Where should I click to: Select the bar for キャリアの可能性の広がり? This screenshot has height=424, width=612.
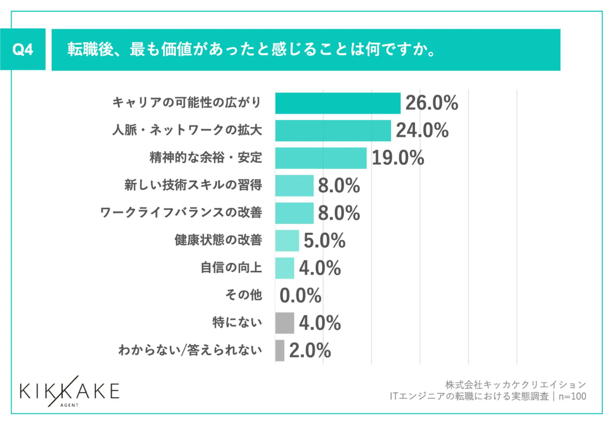pyautogui.click(x=338, y=103)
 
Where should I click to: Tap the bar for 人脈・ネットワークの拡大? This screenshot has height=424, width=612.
pyautogui.click(x=333, y=130)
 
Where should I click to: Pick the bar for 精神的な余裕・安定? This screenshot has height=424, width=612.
pyautogui.click(x=321, y=158)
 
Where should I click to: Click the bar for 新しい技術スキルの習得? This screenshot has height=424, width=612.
pyautogui.click(x=294, y=186)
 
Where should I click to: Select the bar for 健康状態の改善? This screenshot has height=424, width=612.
pyautogui.click(x=287, y=241)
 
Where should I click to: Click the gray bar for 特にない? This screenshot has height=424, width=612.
pyautogui.click(x=284, y=323)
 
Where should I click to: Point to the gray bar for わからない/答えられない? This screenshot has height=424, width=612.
pyautogui.click(x=280, y=351)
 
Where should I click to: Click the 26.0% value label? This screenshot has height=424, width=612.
pyautogui.click(x=432, y=104)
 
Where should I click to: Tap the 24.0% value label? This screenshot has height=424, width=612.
pyautogui.click(x=422, y=131)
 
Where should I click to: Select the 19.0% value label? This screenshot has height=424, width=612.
pyautogui.click(x=398, y=158)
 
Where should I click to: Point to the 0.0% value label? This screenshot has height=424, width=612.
pyautogui.click(x=300, y=296)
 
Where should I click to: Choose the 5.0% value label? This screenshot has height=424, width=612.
pyautogui.click(x=324, y=241)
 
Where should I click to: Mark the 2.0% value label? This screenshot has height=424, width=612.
pyautogui.click(x=310, y=351)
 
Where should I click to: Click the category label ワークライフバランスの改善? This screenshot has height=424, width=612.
pyautogui.click(x=181, y=213)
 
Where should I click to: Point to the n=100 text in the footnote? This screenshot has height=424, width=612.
pyautogui.click(x=572, y=396)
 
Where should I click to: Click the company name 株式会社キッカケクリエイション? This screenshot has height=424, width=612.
pyautogui.click(x=515, y=383)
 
